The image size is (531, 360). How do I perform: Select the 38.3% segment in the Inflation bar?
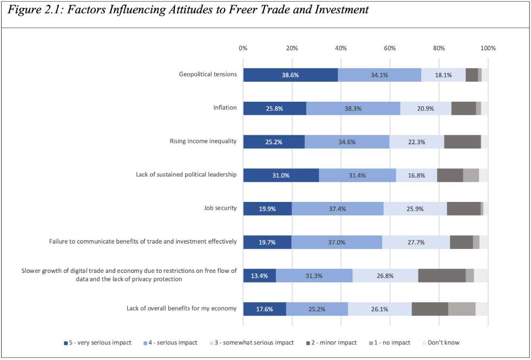(353, 108)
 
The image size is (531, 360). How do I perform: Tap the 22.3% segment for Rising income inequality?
(416, 142)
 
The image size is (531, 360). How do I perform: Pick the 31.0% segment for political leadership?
(281, 175)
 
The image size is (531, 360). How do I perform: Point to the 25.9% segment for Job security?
(415, 208)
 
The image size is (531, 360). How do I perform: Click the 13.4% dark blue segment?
(259, 276)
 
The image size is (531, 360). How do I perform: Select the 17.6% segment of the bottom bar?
(265, 309)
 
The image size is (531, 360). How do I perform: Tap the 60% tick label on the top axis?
(390, 48)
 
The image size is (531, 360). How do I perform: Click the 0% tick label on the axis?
(243, 48)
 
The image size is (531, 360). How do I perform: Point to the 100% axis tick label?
(488, 48)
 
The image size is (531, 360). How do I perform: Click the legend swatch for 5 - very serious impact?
(65, 343)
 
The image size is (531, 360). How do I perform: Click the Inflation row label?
(225, 108)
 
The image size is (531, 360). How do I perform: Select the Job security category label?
(219, 208)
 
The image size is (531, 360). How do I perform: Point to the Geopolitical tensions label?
(208, 74)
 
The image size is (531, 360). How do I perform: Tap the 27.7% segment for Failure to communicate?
(416, 242)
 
